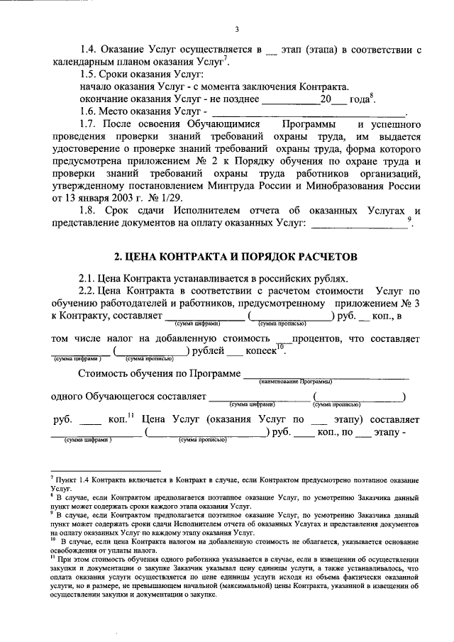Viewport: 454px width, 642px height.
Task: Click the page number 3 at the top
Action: pos(238,29)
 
